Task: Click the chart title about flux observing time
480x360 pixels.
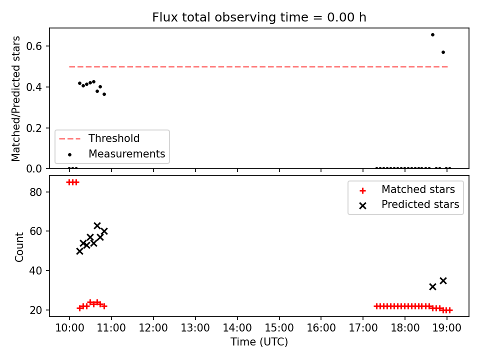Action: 259,17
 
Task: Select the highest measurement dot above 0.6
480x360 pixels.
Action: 432,35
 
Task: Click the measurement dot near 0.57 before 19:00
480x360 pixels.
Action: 443,52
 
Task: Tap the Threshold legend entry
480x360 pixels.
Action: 99,138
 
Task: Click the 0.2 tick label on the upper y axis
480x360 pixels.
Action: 34,128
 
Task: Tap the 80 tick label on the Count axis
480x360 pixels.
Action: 35,192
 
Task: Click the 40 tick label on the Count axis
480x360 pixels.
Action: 35,270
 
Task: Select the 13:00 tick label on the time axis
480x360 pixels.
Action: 195,328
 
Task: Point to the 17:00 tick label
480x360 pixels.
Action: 363,328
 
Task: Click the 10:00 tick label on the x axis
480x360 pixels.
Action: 69,328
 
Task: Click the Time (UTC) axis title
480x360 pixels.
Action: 259,342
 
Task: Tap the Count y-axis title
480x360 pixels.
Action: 19,247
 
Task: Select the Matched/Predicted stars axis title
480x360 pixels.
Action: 15,98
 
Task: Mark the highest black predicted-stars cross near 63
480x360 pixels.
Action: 97,226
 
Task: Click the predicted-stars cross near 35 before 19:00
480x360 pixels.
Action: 443,280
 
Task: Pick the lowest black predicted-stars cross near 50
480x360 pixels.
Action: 79,251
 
